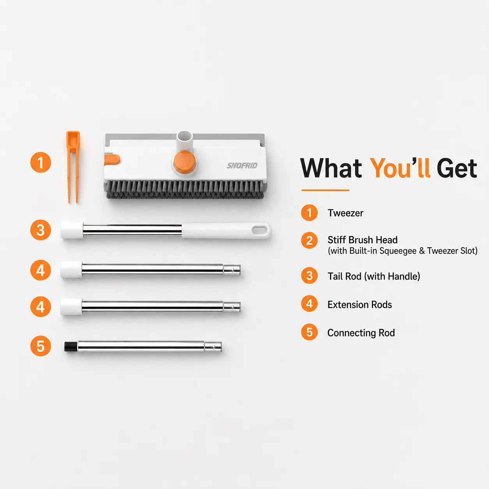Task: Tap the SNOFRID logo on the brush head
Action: coord(242,166)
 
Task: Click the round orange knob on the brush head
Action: coord(184,162)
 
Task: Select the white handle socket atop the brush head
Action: coord(184,139)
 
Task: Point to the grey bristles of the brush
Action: coord(186,190)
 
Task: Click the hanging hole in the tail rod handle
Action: coord(259,230)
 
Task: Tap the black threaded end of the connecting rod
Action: coord(71,347)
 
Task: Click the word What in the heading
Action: coord(331,168)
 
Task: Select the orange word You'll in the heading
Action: coord(400,168)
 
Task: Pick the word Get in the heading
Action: coord(457,168)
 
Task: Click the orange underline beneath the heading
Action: coord(325,190)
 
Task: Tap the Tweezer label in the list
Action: coord(345,213)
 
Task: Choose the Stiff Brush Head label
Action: coord(362,240)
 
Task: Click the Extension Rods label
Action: coord(360,305)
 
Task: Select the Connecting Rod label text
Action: coord(361,333)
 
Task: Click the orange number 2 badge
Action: coord(309,240)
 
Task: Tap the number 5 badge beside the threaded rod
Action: coord(41,346)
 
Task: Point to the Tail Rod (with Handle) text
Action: coord(374,276)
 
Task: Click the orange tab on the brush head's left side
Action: coord(112,159)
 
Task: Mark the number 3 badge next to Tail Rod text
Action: coord(309,276)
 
